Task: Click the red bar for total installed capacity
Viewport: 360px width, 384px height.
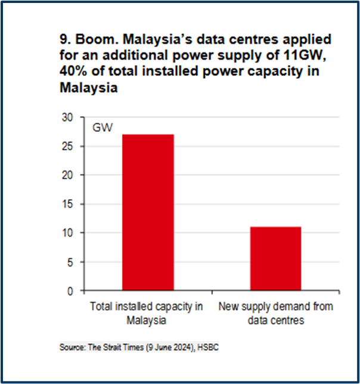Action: (148, 212)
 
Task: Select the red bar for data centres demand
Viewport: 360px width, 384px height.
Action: (275, 259)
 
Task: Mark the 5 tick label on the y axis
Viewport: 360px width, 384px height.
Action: (69, 262)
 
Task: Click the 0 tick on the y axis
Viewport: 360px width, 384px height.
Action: (69, 291)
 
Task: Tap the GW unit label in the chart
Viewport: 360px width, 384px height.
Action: (101, 128)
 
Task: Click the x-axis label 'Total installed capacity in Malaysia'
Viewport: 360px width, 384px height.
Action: (146, 313)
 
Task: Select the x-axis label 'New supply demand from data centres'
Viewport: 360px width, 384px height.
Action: (275, 313)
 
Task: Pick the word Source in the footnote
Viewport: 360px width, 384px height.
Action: (69, 346)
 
